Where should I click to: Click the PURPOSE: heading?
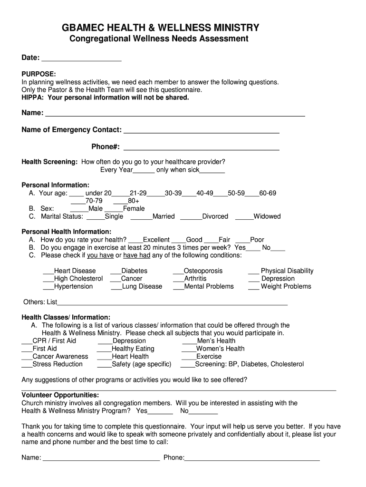click(x=39, y=74)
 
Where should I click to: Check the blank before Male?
click(x=79, y=209)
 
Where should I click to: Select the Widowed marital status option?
click(x=267, y=216)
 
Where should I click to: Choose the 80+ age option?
click(x=133, y=201)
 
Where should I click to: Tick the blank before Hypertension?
click(x=48, y=287)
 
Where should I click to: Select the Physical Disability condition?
click(x=287, y=271)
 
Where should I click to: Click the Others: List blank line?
click(x=172, y=302)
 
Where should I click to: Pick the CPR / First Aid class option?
click(x=54, y=341)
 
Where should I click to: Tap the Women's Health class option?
click(x=220, y=349)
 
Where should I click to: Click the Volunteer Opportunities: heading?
click(x=60, y=395)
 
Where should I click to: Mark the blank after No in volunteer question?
click(x=203, y=411)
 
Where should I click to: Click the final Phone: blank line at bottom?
click(x=252, y=458)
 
